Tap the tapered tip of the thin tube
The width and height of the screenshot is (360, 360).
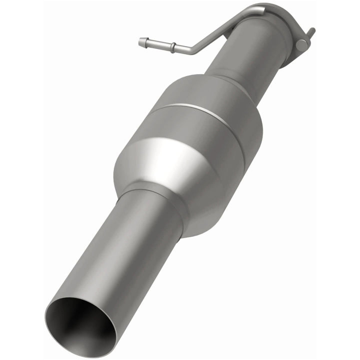tap(141, 42)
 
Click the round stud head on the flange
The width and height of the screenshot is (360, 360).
tap(300, 44)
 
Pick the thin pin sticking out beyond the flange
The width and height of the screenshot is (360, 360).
tap(311, 32)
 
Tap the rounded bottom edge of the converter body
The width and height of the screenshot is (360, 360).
tap(210, 225)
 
